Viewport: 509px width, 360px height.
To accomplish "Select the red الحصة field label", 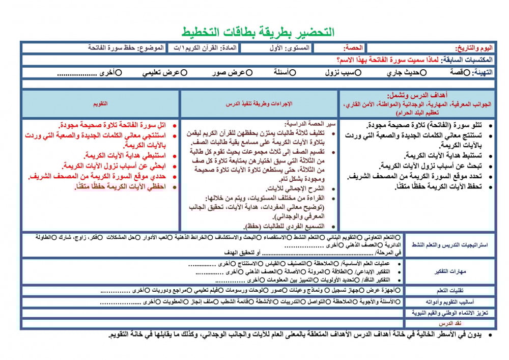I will click(x=353, y=48).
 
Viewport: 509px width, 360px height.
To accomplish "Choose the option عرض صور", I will click(x=249, y=73).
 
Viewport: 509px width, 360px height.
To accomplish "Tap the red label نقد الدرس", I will click(x=449, y=323).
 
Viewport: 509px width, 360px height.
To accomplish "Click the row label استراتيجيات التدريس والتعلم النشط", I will click(x=449, y=245).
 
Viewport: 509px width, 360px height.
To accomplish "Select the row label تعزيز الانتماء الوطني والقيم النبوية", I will click(x=449, y=313).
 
